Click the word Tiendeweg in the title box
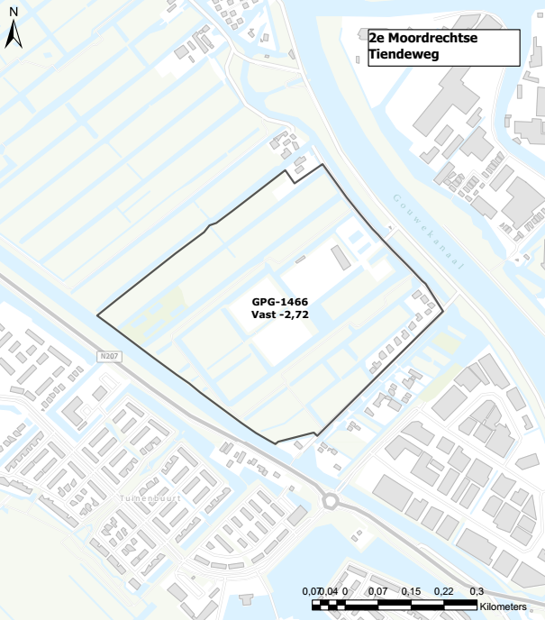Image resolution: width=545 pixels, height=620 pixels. pyautogui.click(x=400, y=56)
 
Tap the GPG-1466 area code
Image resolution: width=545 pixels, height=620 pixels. pyautogui.click(x=281, y=301)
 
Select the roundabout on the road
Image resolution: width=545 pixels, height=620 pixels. pyautogui.click(x=331, y=501)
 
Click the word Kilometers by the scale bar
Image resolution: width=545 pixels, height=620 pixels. pyautogui.click(x=509, y=606)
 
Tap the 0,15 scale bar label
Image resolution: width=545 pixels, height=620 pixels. pyautogui.click(x=411, y=591)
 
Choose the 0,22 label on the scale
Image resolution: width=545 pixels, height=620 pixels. pyautogui.click(x=444, y=591)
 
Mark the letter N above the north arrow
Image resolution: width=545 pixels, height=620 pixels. pyautogui.click(x=13, y=13)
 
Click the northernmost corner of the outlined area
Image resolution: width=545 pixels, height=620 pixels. pyautogui.click(x=322, y=165)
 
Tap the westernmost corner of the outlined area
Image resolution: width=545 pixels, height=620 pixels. pyautogui.click(x=97, y=315)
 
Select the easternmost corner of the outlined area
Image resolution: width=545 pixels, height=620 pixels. pyautogui.click(x=444, y=311)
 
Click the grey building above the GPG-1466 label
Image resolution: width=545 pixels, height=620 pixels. pyautogui.click(x=341, y=258)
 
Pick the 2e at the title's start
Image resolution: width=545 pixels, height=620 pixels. pyautogui.click(x=377, y=40)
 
